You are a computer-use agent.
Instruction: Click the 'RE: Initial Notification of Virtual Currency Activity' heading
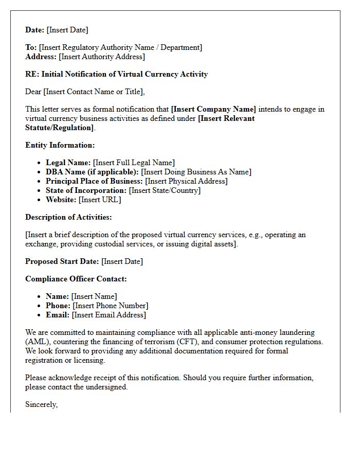(x=116, y=74)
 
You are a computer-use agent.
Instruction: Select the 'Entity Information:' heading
(x=60, y=145)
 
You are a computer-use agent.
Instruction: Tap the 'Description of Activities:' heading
(x=68, y=217)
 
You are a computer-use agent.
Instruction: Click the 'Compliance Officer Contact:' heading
(x=76, y=279)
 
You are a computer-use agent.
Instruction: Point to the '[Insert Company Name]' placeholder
(x=213, y=109)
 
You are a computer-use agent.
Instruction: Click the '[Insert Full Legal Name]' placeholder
(x=134, y=163)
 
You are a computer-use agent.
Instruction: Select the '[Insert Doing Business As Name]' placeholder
(x=196, y=172)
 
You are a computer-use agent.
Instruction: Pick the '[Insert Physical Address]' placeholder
(x=186, y=181)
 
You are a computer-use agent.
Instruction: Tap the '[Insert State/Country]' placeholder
(x=165, y=190)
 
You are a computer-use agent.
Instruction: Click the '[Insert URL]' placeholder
(x=100, y=200)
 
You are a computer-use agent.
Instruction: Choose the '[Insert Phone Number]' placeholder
(x=110, y=306)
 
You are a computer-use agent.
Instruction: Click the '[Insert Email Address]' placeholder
(x=109, y=315)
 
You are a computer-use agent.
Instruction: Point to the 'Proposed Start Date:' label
(x=62, y=261)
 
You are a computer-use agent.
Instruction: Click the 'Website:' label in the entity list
(x=61, y=200)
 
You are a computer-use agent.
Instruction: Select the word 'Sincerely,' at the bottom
(x=41, y=404)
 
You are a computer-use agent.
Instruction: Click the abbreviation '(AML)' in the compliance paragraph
(x=36, y=342)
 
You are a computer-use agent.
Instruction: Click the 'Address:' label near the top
(x=41, y=57)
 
